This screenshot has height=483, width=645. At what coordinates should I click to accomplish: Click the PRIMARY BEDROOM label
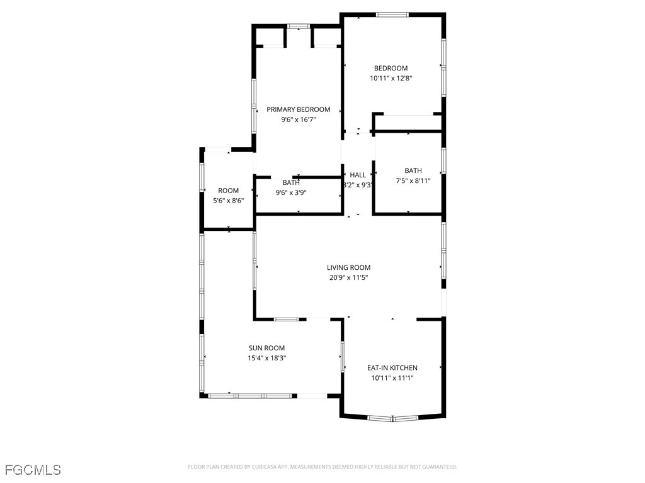(298, 109)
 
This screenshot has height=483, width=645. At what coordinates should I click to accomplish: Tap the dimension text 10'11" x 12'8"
(391, 79)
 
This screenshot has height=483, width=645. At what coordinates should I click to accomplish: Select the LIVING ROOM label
(348, 267)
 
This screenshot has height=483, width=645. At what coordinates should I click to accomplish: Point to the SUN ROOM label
(266, 348)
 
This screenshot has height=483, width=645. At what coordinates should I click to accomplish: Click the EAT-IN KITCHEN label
(392, 368)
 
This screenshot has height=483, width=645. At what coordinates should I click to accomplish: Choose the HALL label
(358, 175)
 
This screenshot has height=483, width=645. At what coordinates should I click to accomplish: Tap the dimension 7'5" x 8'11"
(413, 180)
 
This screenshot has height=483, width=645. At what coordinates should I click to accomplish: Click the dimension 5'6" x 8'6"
(228, 201)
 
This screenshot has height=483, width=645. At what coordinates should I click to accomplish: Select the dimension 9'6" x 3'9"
(290, 193)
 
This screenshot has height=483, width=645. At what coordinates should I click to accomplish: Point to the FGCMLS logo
(33, 470)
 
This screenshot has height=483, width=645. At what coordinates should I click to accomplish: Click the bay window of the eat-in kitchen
(392, 418)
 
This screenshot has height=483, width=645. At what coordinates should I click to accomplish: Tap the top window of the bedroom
(392, 14)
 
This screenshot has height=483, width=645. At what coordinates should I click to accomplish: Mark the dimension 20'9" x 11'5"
(348, 277)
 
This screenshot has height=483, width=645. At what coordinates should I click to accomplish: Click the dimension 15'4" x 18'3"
(266, 358)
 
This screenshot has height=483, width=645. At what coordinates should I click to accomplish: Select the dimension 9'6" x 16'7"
(298, 119)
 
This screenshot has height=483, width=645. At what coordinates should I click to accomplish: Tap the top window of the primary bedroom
(299, 26)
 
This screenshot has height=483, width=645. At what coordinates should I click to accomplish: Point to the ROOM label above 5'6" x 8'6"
(228, 191)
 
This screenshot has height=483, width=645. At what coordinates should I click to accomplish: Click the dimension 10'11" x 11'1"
(392, 378)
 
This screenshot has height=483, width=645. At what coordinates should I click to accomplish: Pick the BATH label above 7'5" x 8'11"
(413, 170)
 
